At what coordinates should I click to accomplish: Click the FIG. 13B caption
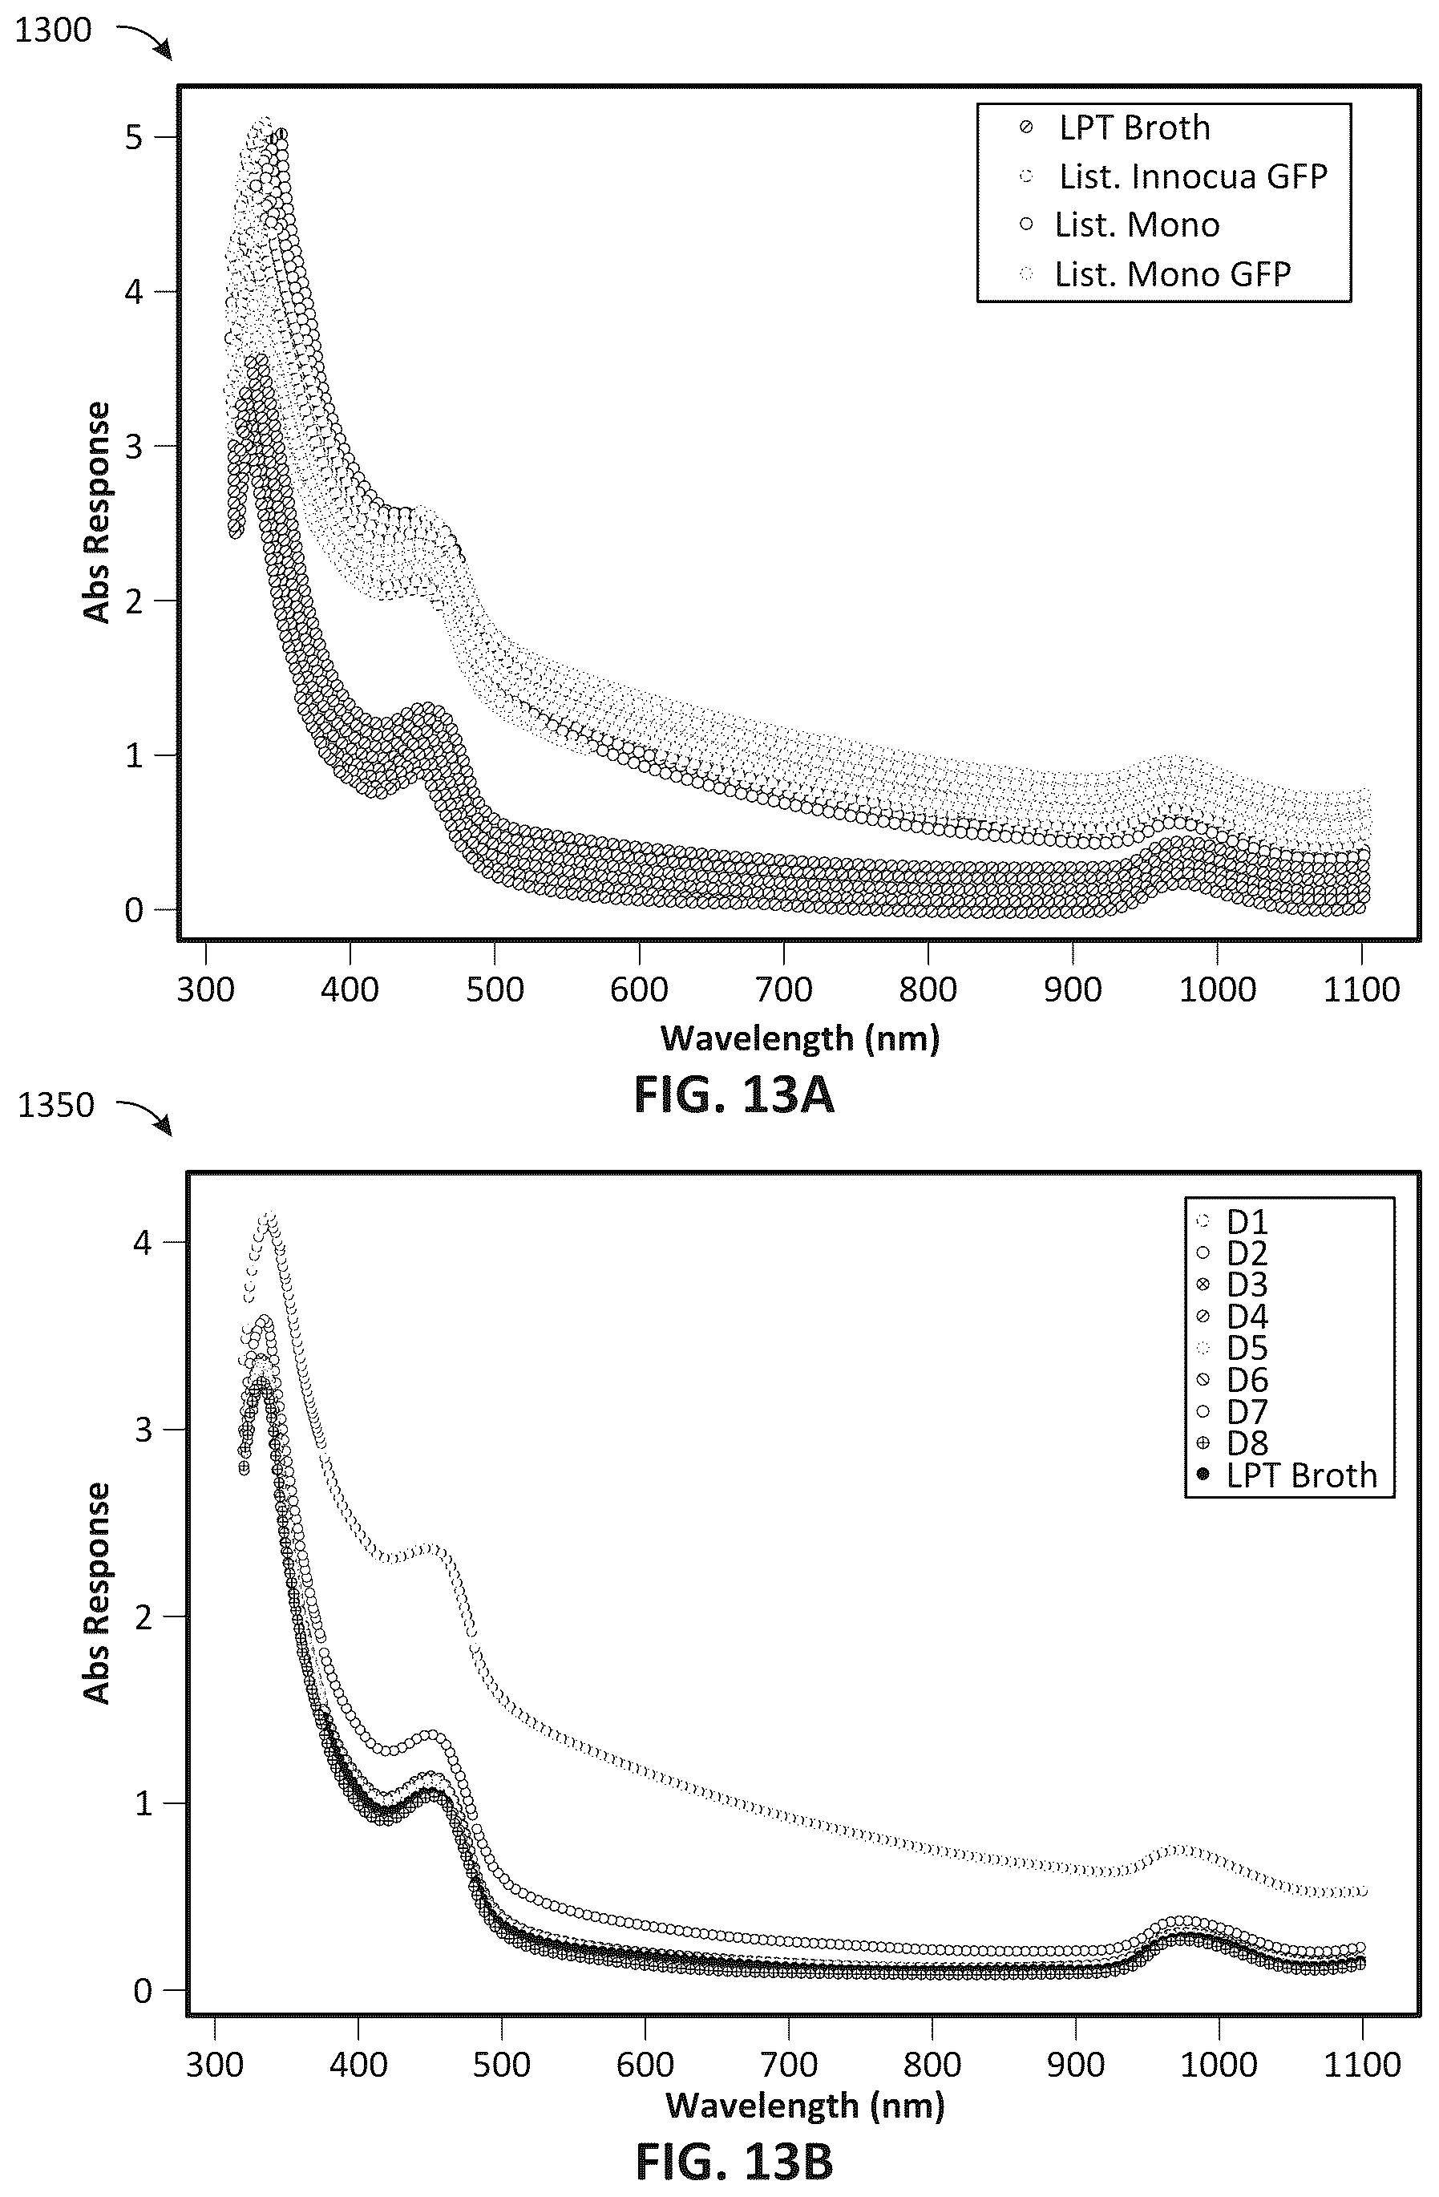point(734,2163)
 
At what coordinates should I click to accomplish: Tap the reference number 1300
point(54,30)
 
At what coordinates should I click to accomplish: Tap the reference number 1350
point(55,1105)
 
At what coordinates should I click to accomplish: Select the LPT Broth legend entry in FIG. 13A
point(1117,127)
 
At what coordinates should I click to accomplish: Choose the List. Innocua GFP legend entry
point(1172,176)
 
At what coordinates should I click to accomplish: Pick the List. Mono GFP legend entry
point(1154,274)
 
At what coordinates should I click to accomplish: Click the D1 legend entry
point(1232,1222)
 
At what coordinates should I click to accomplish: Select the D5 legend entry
point(1232,1349)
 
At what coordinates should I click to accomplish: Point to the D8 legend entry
point(1232,1442)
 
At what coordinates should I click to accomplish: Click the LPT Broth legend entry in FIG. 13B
point(1287,1475)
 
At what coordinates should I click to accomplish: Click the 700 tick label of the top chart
point(784,989)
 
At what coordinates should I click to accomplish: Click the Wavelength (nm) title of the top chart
point(800,1038)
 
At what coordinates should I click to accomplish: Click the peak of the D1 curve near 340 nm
point(269,1216)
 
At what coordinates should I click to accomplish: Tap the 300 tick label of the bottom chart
point(214,2064)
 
